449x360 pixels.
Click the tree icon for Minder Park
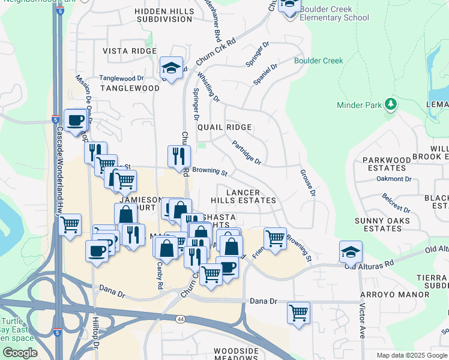(391, 104)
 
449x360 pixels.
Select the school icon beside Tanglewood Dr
(171, 68)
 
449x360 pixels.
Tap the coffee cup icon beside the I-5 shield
(75, 119)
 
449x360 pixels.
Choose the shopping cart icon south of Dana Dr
(298, 313)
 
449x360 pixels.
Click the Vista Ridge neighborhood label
(129, 52)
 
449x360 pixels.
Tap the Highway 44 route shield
(181, 320)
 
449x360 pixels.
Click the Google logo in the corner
(19, 353)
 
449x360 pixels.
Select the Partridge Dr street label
(247, 153)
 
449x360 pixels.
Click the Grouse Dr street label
(307, 182)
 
